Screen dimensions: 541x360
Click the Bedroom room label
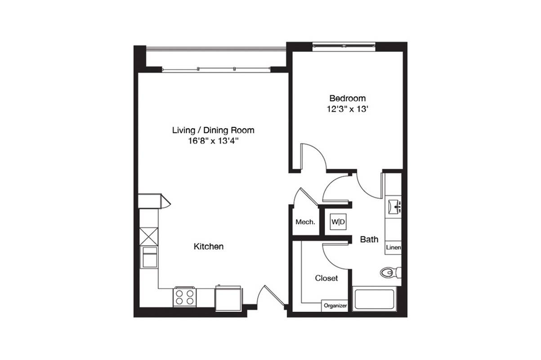click(x=347, y=99)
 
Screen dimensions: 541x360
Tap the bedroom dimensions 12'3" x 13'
click(x=347, y=109)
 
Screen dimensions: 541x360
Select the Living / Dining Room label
click(x=213, y=130)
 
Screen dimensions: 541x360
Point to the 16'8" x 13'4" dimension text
click(x=213, y=141)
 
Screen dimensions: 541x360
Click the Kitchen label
click(x=208, y=247)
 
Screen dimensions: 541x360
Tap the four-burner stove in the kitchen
click(x=184, y=297)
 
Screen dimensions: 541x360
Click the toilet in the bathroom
click(x=390, y=273)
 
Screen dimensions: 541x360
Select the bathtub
click(x=374, y=299)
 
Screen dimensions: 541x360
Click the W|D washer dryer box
click(x=338, y=221)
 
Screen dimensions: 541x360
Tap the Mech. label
click(x=305, y=222)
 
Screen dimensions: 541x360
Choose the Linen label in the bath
click(x=393, y=247)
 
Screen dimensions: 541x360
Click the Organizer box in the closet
click(x=335, y=306)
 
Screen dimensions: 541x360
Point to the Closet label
click(x=326, y=278)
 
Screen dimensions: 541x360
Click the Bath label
click(x=369, y=239)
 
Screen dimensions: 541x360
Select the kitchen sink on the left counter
click(x=150, y=257)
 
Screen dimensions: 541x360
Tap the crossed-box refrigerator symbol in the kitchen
click(x=149, y=237)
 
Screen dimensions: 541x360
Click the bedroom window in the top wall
click(x=344, y=47)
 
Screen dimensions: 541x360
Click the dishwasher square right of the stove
click(x=228, y=299)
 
